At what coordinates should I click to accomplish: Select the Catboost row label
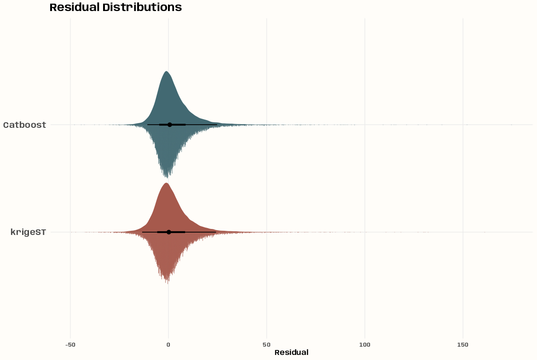point(25,125)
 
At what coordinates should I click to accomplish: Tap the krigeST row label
point(28,232)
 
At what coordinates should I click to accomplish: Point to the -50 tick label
point(70,345)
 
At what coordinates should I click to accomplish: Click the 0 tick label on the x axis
point(168,345)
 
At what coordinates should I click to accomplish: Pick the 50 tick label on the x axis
point(266,345)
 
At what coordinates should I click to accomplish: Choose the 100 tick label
point(365,345)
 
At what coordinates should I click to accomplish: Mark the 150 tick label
point(463,345)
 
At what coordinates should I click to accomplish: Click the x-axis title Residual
point(291,353)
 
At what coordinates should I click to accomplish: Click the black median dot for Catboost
point(169,125)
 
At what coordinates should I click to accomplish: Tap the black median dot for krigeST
point(168,232)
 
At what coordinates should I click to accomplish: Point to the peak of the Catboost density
point(167,71)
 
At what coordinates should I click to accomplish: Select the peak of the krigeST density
point(166,183)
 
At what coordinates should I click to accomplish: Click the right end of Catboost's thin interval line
point(217,125)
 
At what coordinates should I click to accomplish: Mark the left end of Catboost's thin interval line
point(147,125)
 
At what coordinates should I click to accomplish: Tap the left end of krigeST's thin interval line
point(142,232)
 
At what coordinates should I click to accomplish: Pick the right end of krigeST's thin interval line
point(216,232)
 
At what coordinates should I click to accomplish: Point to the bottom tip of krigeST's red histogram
point(167,284)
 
